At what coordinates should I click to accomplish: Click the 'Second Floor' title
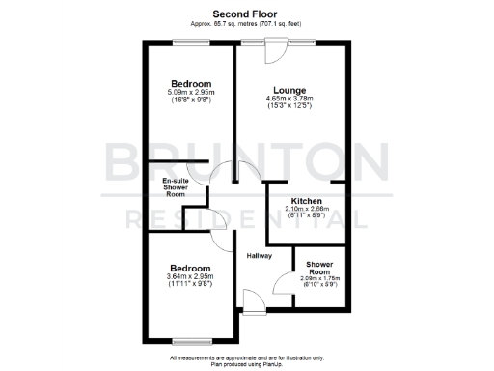point(246,14)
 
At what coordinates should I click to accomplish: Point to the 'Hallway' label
point(259,256)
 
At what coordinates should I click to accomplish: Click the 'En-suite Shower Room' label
point(175,186)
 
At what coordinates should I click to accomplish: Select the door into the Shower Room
point(284,284)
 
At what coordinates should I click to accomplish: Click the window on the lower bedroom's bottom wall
point(191,340)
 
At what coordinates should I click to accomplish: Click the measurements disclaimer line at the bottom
point(246,356)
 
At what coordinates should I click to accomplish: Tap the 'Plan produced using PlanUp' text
point(246,363)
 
